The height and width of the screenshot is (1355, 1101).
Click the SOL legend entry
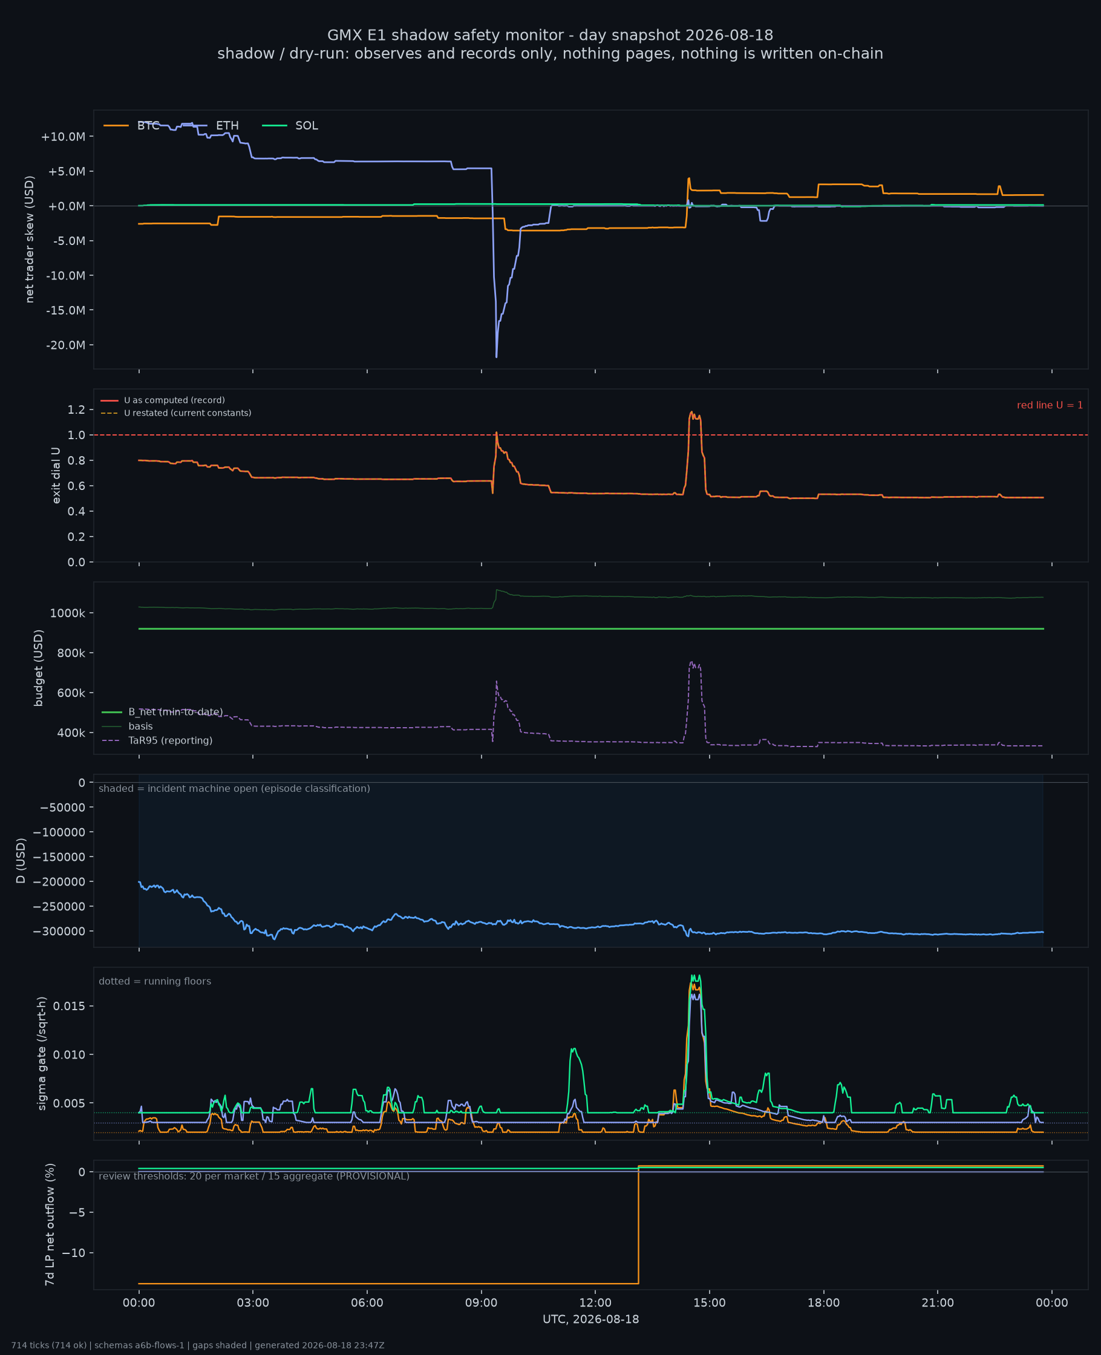[290, 126]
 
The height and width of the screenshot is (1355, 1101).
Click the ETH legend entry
[211, 126]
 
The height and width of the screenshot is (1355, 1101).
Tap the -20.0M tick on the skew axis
[67, 345]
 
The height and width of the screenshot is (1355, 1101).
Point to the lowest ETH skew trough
[497, 357]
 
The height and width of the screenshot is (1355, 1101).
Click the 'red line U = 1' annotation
[1050, 405]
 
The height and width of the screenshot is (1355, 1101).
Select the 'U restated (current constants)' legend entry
[175, 413]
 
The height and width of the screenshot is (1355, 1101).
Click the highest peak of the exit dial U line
[692, 412]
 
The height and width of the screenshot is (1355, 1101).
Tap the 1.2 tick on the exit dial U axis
[76, 410]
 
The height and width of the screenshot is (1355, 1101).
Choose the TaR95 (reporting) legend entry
[157, 740]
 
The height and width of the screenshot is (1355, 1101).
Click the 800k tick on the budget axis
[67, 653]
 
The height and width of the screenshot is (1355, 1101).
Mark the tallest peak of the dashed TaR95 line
[691, 662]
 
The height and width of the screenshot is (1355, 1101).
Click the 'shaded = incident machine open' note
[234, 788]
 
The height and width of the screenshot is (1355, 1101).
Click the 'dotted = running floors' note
[155, 981]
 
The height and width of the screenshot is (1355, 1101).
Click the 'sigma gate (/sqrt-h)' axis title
[42, 1053]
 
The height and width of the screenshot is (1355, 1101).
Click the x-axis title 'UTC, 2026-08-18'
[590, 1319]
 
